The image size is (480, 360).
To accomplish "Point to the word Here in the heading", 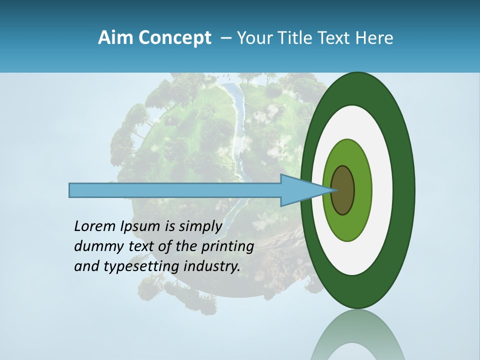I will (375, 37).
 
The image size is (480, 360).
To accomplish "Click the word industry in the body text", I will (212, 266).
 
